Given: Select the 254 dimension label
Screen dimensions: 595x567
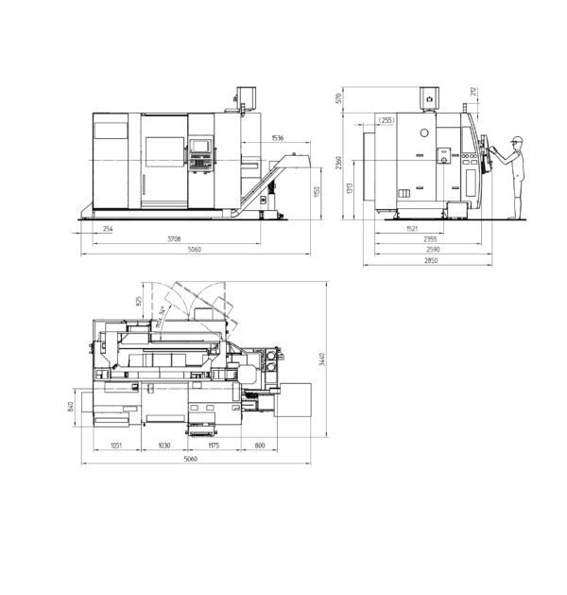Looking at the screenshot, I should click(x=108, y=230).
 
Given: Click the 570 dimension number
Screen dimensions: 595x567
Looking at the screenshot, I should click(x=337, y=98).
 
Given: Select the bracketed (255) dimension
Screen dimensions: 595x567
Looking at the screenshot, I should click(x=387, y=120).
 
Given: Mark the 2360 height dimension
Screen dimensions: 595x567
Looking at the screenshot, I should click(x=337, y=166).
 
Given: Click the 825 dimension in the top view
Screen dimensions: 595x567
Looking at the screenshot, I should click(x=140, y=301).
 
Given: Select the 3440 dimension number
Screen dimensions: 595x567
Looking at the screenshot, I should click(x=322, y=359).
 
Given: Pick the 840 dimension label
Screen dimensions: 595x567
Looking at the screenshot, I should click(x=72, y=407).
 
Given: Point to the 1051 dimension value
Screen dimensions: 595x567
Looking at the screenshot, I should click(x=117, y=445).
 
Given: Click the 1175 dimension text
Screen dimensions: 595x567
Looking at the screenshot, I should click(x=213, y=445).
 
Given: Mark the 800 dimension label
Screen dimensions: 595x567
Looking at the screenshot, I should click(x=260, y=445).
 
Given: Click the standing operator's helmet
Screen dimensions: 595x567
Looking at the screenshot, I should click(x=515, y=140).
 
